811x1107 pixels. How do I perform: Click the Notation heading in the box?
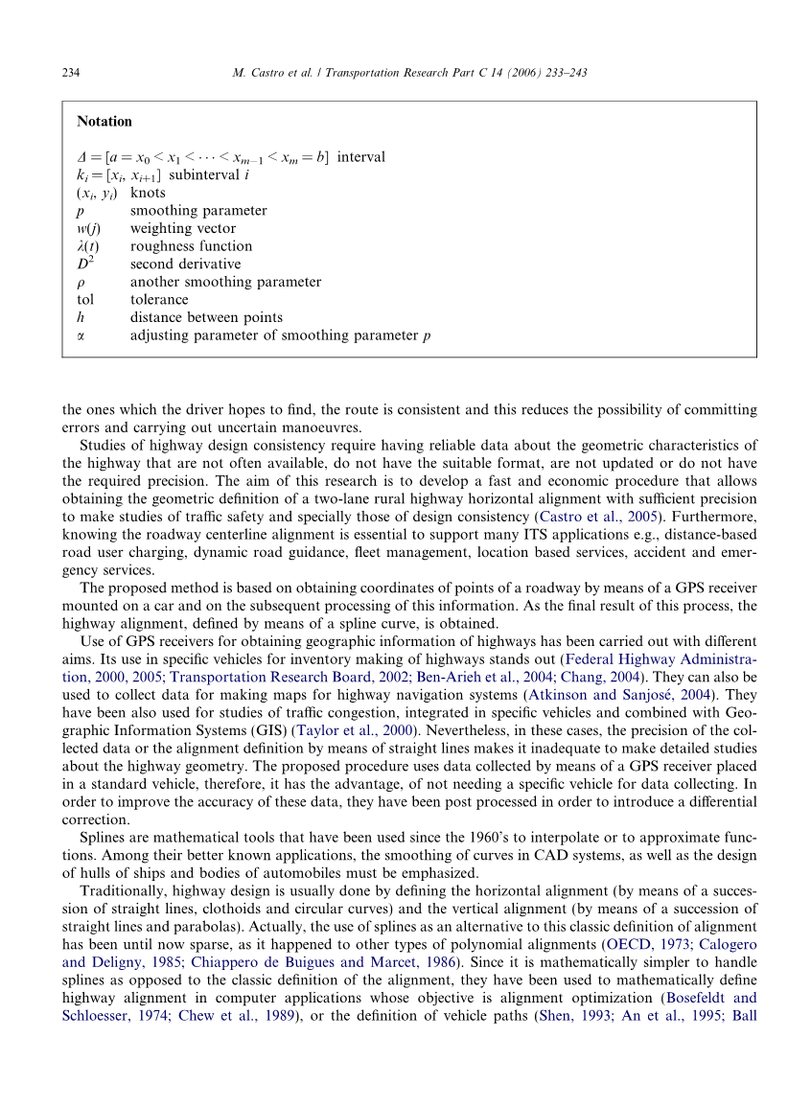[x=104, y=122]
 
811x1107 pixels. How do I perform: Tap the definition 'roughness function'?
[x=177, y=246]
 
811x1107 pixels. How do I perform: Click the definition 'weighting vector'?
[x=182, y=228]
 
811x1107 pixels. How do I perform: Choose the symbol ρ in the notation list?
[x=81, y=283]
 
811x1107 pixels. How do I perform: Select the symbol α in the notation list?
[x=81, y=335]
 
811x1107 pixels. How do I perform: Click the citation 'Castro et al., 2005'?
[x=602, y=516]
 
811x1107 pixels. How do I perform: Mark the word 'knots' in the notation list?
[x=148, y=193]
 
